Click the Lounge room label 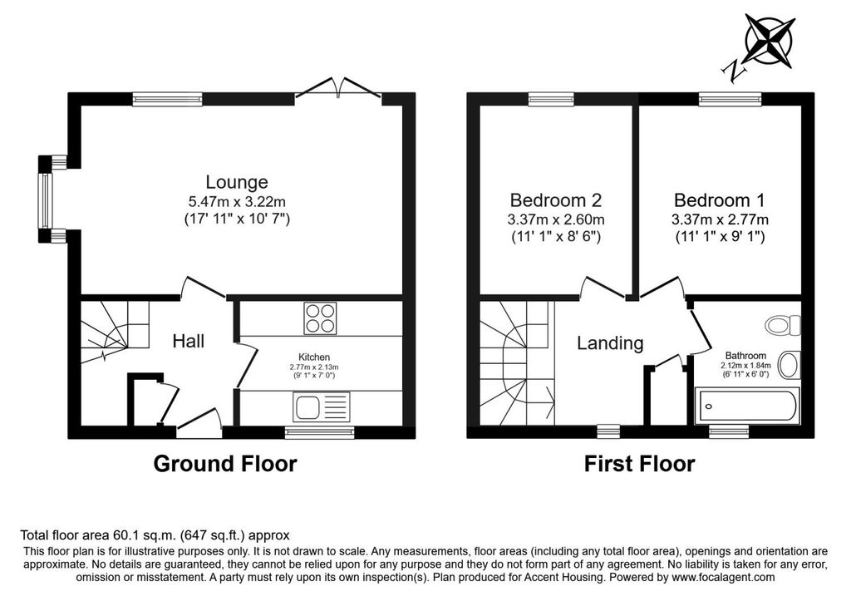point(237,182)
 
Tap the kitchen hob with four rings point(320,318)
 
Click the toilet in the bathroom point(783,326)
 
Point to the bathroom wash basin point(790,365)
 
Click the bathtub point(748,406)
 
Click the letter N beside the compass point(733,71)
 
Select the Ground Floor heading point(225,464)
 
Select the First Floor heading point(639,464)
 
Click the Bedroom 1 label point(719,200)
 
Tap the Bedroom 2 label point(556,200)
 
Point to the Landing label point(610,343)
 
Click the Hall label point(189,341)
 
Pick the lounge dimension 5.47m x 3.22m point(237,202)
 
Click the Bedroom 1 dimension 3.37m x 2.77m point(720,219)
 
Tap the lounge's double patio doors point(338,90)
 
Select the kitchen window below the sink point(320,432)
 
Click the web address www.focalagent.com point(724,578)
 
